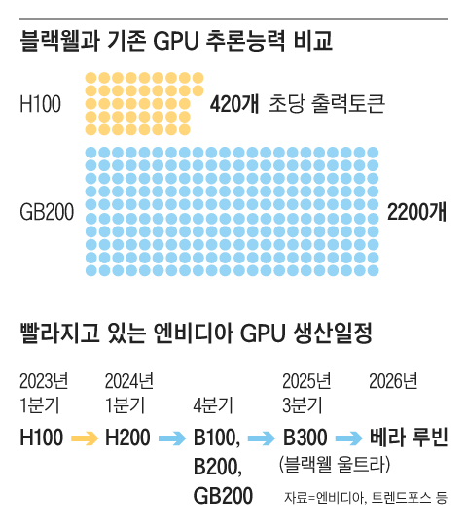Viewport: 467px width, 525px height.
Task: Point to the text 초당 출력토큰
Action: coord(327,102)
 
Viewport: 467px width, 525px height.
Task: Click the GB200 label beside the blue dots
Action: coord(47,211)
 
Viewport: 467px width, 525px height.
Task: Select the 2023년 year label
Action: coord(44,379)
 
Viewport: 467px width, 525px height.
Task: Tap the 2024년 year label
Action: coord(128,379)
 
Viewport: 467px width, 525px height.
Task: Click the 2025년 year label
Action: coord(306,379)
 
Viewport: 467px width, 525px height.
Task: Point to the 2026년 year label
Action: coord(393,379)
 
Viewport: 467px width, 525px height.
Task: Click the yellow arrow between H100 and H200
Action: coord(84,437)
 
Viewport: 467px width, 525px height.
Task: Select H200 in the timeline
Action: coord(127,437)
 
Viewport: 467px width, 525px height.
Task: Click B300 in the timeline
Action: coord(305,437)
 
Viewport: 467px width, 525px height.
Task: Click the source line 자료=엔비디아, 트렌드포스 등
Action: coord(365,498)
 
